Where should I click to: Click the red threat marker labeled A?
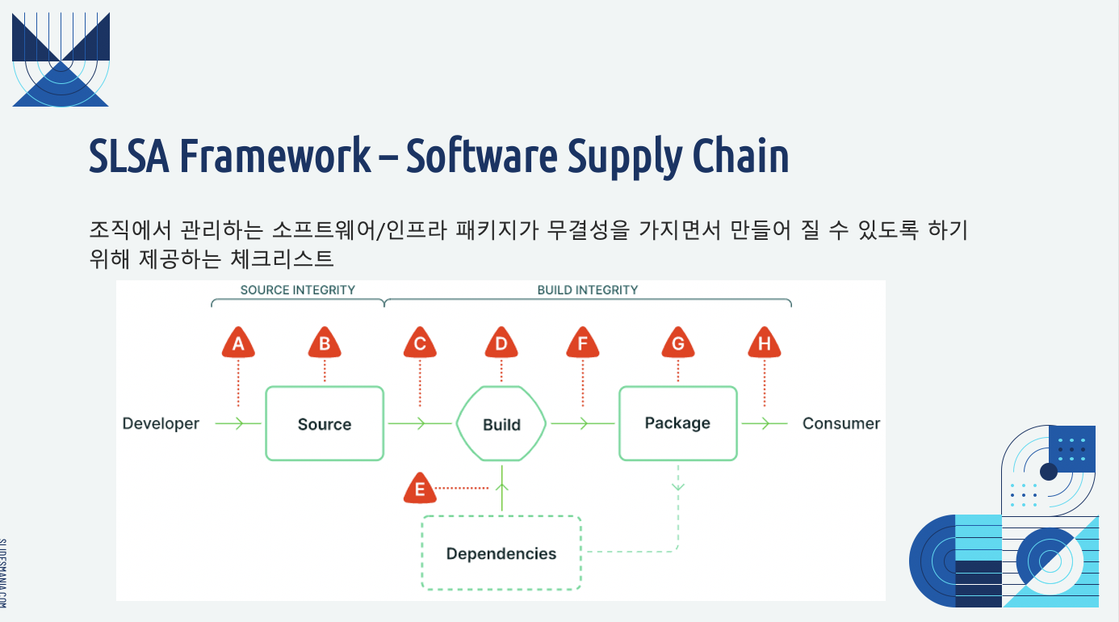tap(238, 343)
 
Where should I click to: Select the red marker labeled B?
tap(325, 343)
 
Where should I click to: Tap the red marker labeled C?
tap(420, 343)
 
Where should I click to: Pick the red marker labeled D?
tap(501, 343)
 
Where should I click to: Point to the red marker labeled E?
tap(420, 487)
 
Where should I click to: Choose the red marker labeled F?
tap(582, 343)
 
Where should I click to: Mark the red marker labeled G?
tap(678, 343)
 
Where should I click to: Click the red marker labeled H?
tap(765, 343)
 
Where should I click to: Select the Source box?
tap(325, 423)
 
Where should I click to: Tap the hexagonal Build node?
tap(501, 423)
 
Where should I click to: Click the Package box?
tap(678, 423)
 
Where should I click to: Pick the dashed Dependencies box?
tap(501, 553)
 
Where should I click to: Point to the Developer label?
tap(161, 423)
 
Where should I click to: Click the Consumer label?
tap(841, 423)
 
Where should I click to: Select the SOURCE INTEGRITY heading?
tap(298, 290)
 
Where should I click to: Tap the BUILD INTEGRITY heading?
tap(588, 290)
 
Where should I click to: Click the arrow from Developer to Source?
tap(238, 423)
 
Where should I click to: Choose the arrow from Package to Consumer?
tap(765, 423)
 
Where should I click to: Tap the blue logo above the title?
tap(61, 60)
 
